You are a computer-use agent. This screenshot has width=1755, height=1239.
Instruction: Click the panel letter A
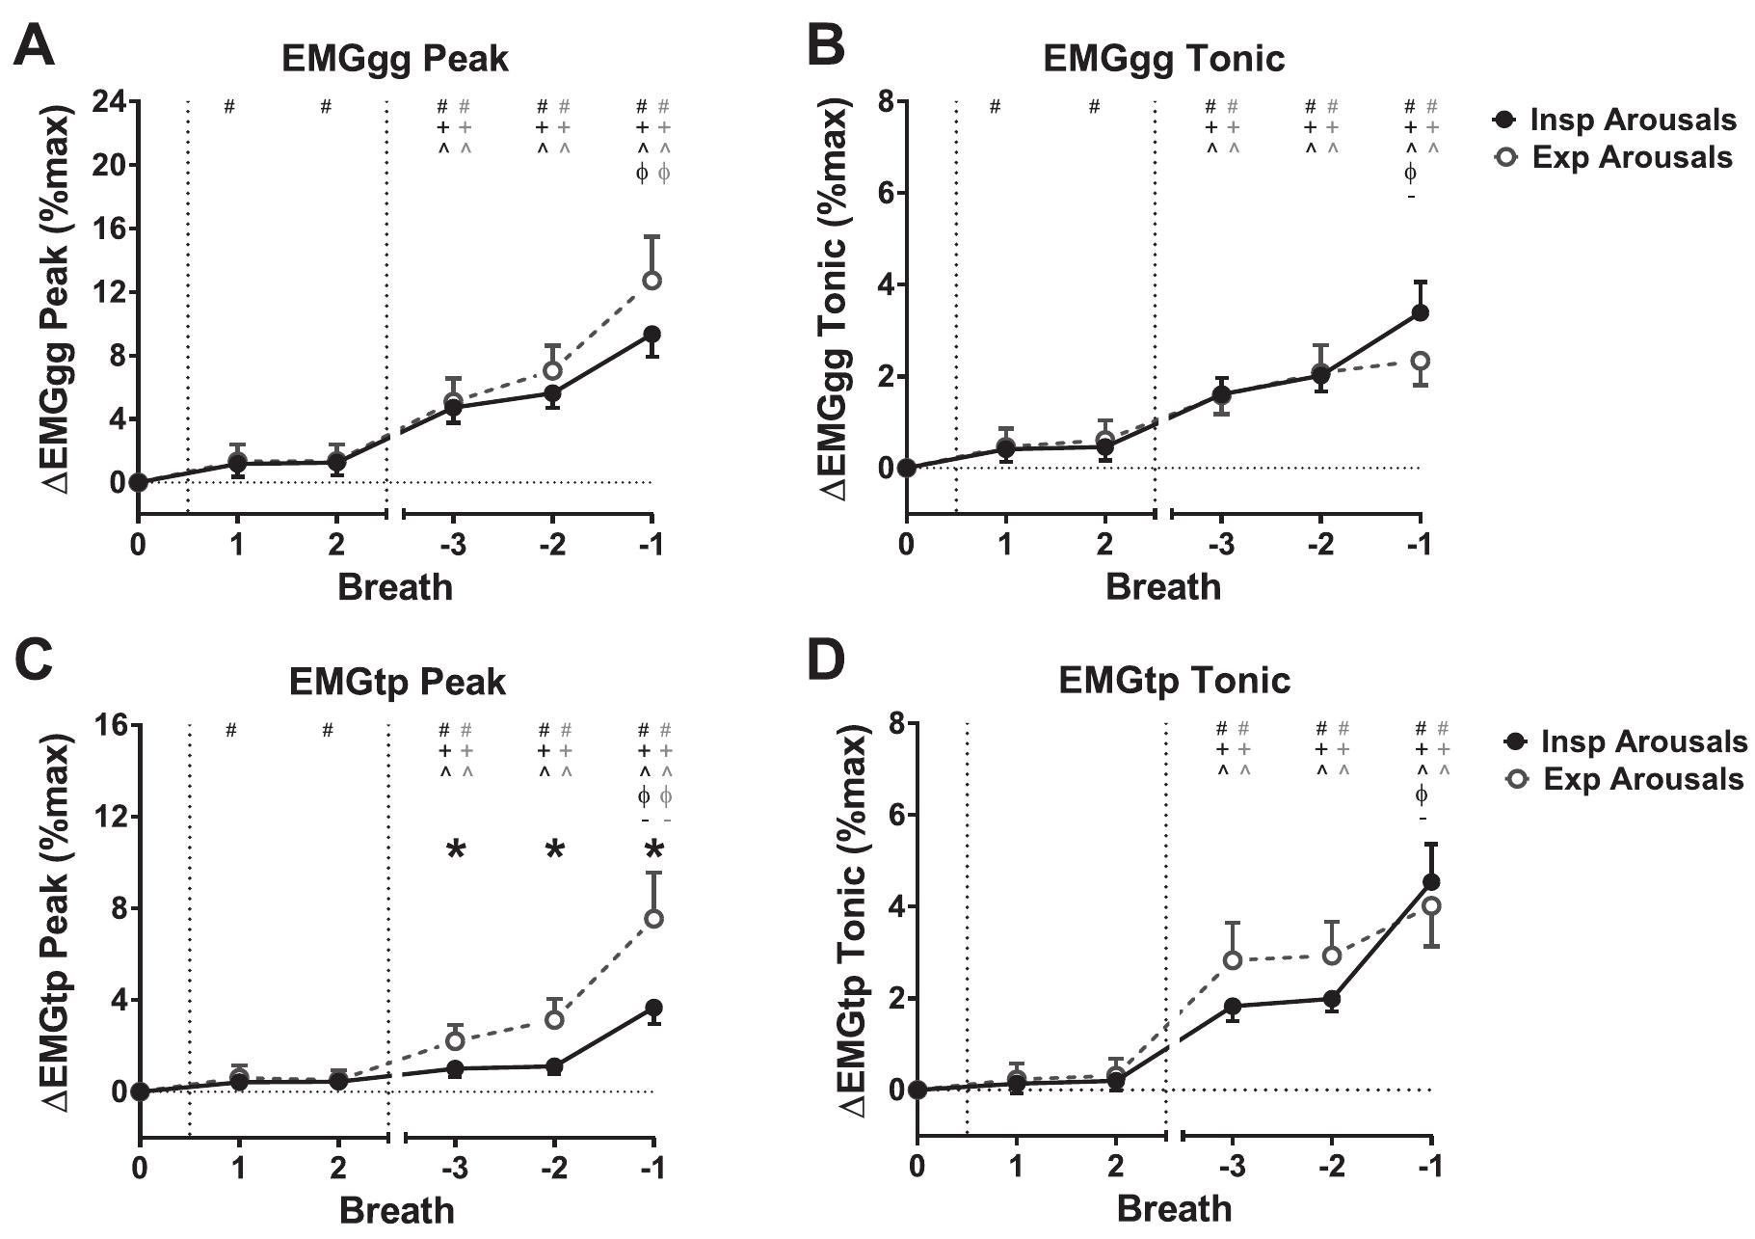pos(34,46)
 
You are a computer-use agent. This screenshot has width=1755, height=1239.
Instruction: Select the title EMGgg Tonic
pos(1163,59)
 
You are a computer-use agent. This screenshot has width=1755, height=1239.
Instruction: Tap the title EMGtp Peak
pos(397,682)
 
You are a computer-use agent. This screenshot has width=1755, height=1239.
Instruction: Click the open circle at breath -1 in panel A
pos(651,281)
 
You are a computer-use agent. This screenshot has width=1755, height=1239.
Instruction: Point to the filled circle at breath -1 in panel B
pos(1420,312)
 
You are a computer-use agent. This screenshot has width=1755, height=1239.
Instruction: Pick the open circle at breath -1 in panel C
pos(653,919)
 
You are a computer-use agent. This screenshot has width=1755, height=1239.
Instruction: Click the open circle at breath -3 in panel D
pos(1232,959)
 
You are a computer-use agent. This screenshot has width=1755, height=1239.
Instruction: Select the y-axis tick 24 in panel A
pos(109,101)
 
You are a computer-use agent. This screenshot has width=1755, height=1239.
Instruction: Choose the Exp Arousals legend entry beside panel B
pos(1618,157)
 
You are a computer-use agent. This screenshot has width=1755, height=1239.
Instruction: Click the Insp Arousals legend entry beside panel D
pos(1629,741)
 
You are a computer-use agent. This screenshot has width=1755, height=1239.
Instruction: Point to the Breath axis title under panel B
pos(1162,586)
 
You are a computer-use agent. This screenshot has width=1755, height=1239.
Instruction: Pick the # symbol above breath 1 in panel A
pos(229,106)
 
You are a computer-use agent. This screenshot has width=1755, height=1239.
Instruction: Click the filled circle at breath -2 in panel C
pos(554,1066)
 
